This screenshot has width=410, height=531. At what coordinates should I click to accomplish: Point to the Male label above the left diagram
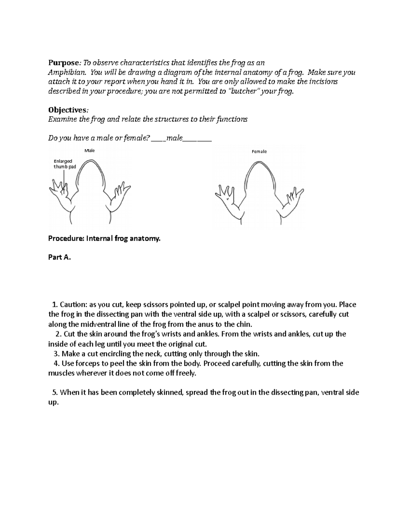(x=89, y=150)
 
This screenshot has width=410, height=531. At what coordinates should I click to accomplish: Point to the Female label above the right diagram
(x=259, y=151)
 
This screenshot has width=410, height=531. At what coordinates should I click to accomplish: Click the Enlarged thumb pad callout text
(x=65, y=164)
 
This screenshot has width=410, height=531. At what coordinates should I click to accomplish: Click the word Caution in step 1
(x=71, y=305)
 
